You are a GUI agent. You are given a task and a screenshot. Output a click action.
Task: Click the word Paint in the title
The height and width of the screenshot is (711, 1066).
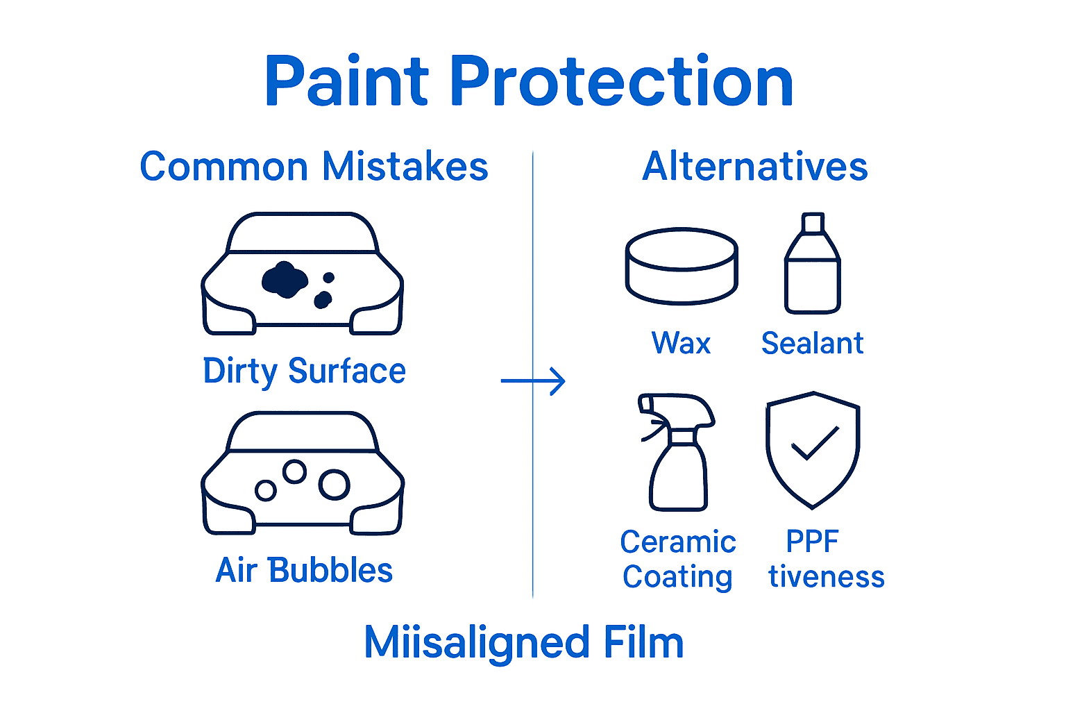347,82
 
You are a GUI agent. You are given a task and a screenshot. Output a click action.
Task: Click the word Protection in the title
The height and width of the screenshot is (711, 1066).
623,82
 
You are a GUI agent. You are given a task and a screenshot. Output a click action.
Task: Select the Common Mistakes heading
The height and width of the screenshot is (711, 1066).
314,167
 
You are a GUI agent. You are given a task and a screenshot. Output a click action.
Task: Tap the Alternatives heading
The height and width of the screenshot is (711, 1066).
754,167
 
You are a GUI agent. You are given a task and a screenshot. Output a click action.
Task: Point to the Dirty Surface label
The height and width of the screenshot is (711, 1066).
304,371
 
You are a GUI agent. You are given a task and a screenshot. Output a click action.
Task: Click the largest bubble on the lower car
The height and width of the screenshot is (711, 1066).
335,485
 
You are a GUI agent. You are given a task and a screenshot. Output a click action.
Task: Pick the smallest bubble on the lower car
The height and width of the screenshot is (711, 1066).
266,491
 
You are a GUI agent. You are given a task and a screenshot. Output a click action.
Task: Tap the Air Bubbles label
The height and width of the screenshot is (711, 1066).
304,570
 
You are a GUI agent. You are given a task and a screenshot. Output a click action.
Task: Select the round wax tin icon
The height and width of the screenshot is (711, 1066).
681,266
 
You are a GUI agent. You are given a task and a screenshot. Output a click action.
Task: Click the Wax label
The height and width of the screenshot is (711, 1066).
681,343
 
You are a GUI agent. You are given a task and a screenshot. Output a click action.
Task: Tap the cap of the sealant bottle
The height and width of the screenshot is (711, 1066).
813,223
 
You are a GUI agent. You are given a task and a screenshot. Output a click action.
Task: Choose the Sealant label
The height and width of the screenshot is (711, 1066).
812,343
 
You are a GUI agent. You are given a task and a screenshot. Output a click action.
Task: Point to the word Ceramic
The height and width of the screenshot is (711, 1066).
678,542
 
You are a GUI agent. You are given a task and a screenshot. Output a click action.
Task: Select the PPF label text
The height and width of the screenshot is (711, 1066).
812,542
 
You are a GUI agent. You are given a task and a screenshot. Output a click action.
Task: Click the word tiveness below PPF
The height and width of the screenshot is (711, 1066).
826,577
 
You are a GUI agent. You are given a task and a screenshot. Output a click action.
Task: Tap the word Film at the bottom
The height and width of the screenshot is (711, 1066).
643,642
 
